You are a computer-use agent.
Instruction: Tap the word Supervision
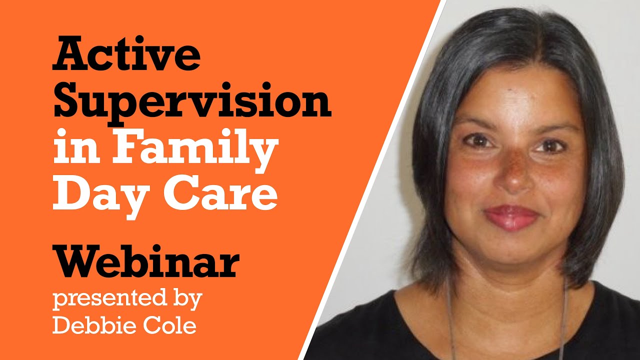click(191, 101)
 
